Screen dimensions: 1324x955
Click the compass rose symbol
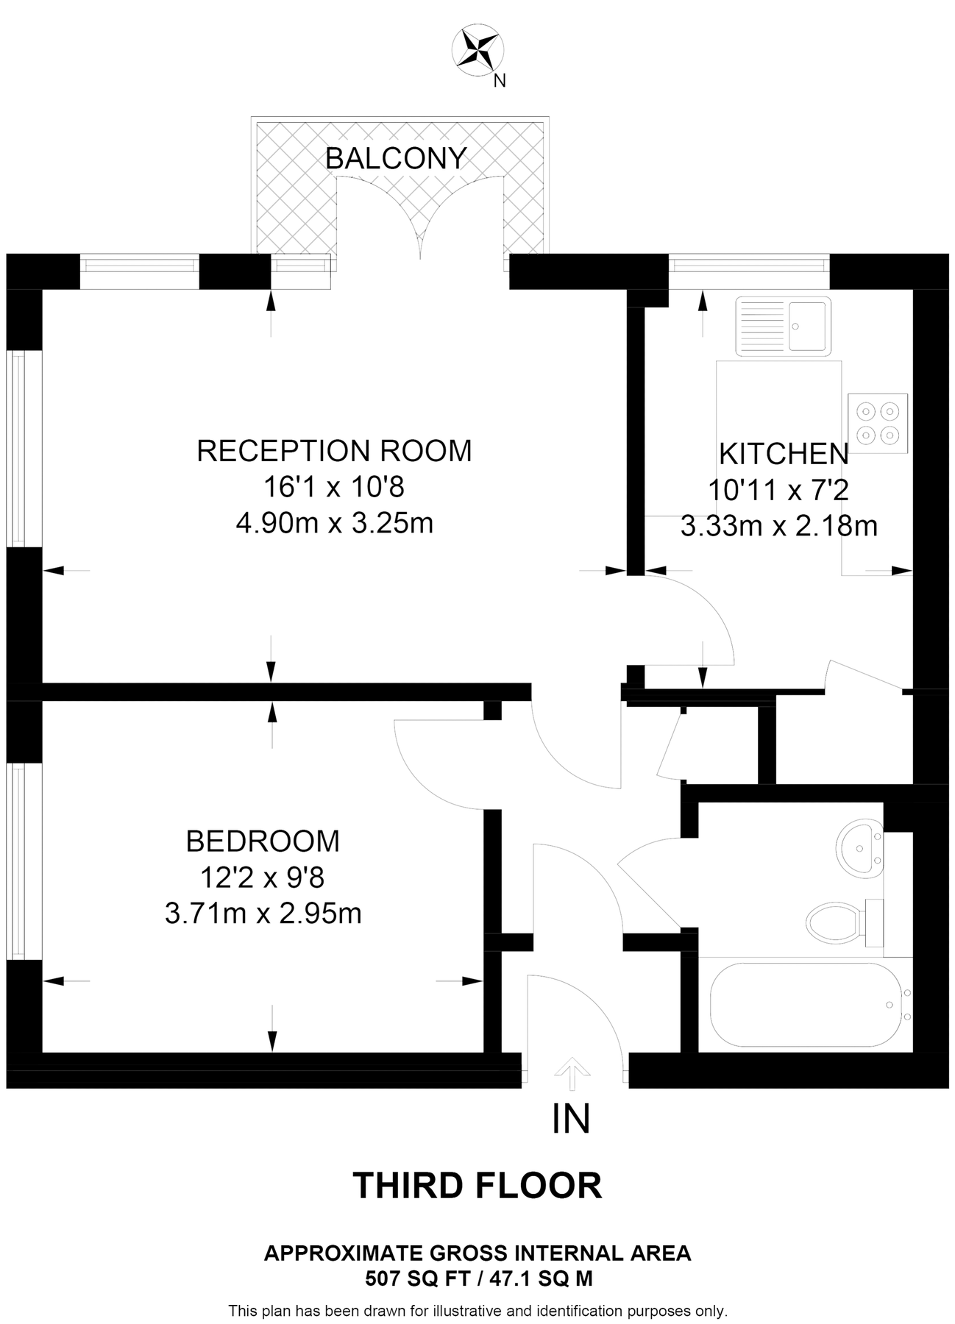pos(477,50)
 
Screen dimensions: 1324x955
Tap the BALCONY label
pos(396,158)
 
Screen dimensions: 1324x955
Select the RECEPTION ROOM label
pos(334,450)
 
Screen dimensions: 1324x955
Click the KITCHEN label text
pos(784,454)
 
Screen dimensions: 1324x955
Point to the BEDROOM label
pos(263,841)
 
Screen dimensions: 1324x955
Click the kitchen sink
pos(784,324)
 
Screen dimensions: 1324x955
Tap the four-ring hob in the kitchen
pos(878,424)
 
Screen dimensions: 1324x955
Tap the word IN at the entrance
pos(571,1119)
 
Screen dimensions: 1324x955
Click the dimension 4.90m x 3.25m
pos(334,524)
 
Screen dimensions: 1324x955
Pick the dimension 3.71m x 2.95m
pos(263,914)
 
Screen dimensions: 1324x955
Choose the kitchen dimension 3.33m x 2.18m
pos(779,526)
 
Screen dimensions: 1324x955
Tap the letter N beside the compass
pos(500,82)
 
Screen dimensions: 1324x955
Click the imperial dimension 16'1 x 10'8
pos(334,487)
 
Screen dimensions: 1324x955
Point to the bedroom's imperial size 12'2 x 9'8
pos(263,878)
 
